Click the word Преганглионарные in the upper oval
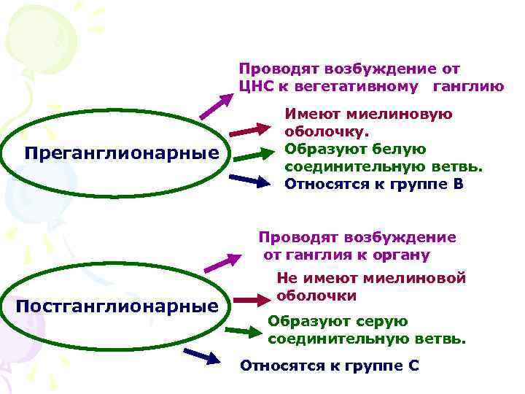[121, 154]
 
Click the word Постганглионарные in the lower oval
[117, 306]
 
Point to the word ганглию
[468, 87]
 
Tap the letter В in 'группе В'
[457, 183]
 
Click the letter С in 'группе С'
[413, 365]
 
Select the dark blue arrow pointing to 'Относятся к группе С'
[201, 355]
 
